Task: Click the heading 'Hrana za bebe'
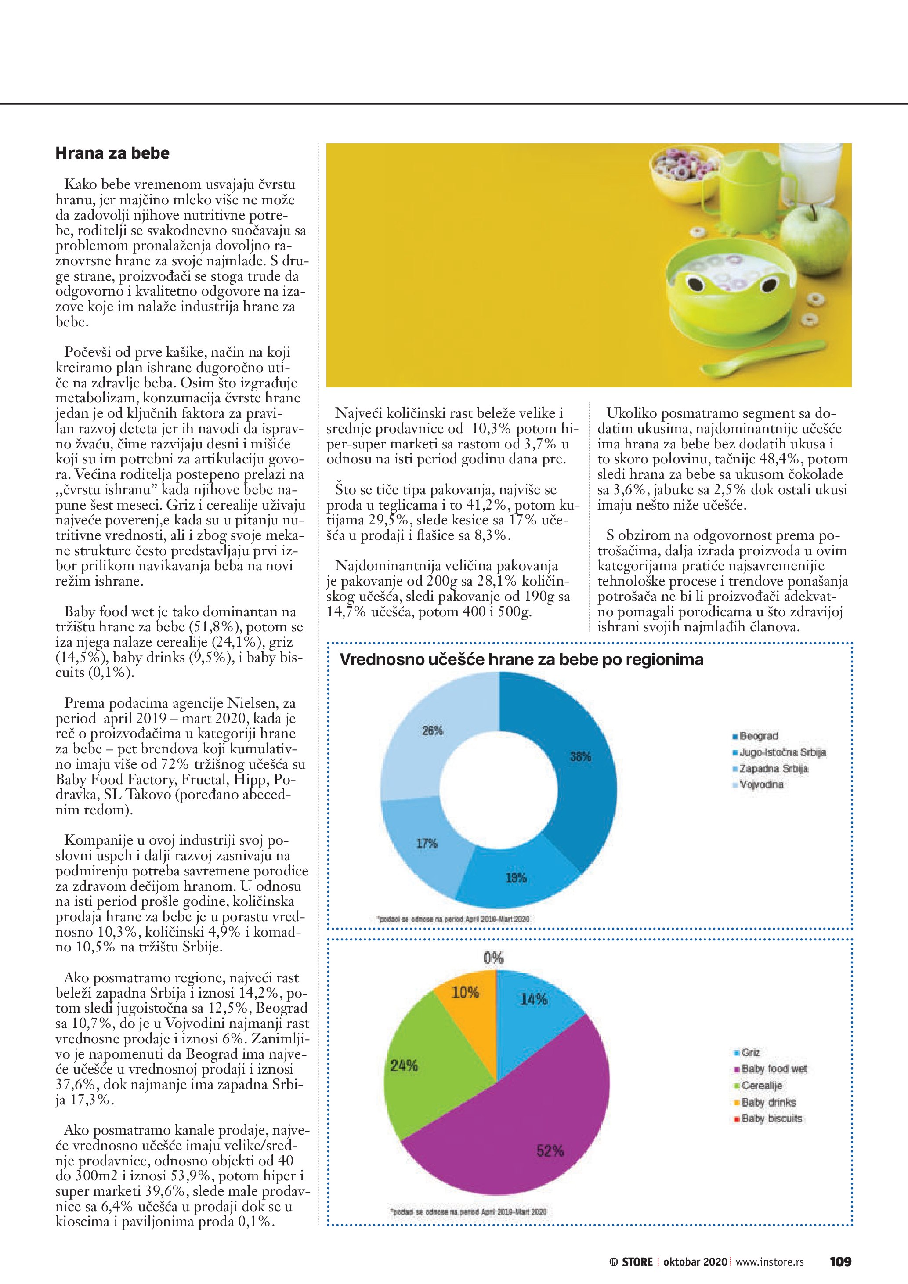[112, 153]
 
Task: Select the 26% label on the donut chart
[432, 731]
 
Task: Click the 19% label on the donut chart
[516, 877]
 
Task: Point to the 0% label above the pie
[493, 958]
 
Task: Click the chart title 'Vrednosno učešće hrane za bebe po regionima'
[521, 660]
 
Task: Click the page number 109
[840, 1262]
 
